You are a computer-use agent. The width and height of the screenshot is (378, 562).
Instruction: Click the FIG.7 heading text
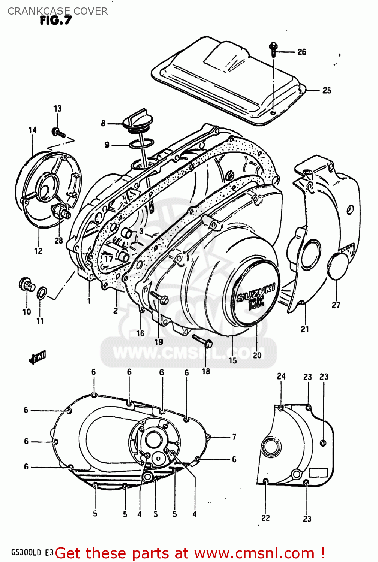(x=55, y=21)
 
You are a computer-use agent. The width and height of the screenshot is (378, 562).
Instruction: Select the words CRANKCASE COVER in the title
(x=57, y=11)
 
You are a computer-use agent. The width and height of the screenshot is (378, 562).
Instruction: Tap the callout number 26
(x=302, y=52)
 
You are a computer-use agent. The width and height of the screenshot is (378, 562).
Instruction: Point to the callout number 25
(x=327, y=90)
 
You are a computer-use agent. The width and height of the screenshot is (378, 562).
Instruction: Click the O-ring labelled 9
(x=141, y=144)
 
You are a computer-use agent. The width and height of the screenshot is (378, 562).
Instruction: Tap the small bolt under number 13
(x=58, y=132)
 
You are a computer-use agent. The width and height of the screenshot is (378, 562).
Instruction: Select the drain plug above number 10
(x=27, y=285)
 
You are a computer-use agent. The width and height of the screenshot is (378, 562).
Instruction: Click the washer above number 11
(x=42, y=293)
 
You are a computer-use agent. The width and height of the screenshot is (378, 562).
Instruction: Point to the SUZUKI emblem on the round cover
(x=256, y=296)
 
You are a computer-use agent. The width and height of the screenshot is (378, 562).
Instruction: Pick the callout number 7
(x=234, y=437)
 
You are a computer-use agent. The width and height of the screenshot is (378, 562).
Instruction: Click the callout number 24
(x=281, y=376)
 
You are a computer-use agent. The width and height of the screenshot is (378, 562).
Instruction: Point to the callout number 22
(x=265, y=518)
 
